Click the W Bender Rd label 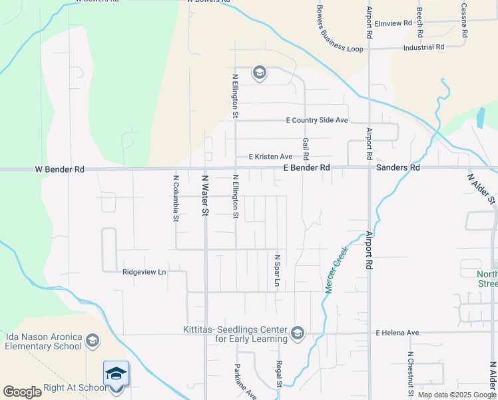point(60,170)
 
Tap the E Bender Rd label point(307,168)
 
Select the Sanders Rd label point(398,168)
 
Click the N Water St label point(205,196)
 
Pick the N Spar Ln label point(277,270)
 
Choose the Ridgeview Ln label point(144,272)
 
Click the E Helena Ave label point(397,333)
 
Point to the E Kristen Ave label point(270,157)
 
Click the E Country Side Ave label point(317,121)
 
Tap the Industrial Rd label point(423,47)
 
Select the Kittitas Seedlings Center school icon point(298,332)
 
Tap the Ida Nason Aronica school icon point(92,341)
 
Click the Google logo point(22,392)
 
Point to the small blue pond point(481,117)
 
